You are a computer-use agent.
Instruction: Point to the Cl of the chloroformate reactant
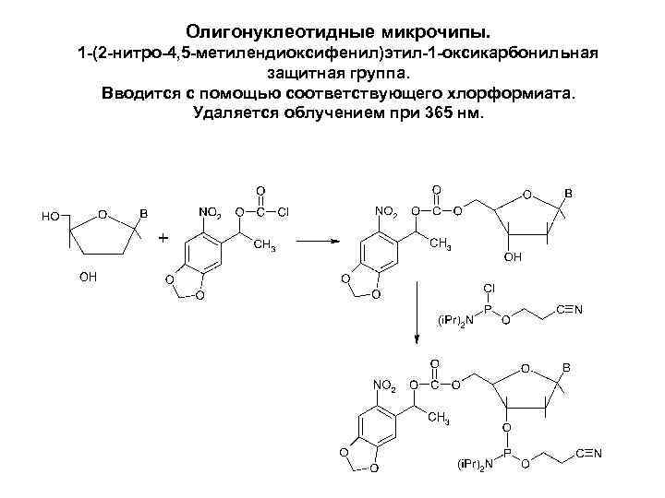point(284,213)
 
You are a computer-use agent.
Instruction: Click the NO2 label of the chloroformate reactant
point(211,213)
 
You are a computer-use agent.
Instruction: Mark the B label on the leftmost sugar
point(143,211)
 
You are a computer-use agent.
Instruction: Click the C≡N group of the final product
point(588,453)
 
